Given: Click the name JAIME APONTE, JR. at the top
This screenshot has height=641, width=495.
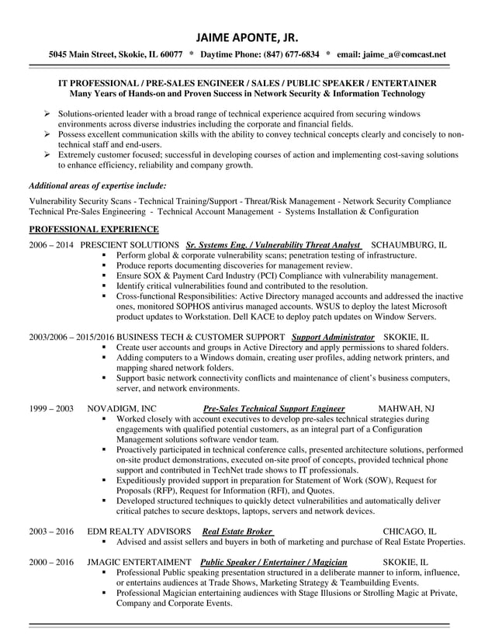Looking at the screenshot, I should pos(247,37).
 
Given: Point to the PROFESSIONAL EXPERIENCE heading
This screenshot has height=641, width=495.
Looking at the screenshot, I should pos(94,230).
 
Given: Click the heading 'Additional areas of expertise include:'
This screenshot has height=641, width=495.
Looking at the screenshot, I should pos(97,186).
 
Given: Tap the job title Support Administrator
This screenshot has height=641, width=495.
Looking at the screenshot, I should pos(333,338).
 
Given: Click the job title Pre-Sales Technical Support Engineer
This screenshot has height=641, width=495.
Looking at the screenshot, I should pos(273,408).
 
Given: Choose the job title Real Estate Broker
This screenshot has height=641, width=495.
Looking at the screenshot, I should pos(237,532).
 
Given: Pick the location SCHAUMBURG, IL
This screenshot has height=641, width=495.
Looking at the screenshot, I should pos(409,244).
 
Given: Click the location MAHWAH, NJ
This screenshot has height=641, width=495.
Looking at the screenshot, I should pos(406,408).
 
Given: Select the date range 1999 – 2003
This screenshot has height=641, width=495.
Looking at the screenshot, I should pos(51,408).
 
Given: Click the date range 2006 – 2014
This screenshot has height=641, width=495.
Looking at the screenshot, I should pos(51,244).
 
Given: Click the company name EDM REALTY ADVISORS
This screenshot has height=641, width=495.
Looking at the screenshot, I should pos(137,532).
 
